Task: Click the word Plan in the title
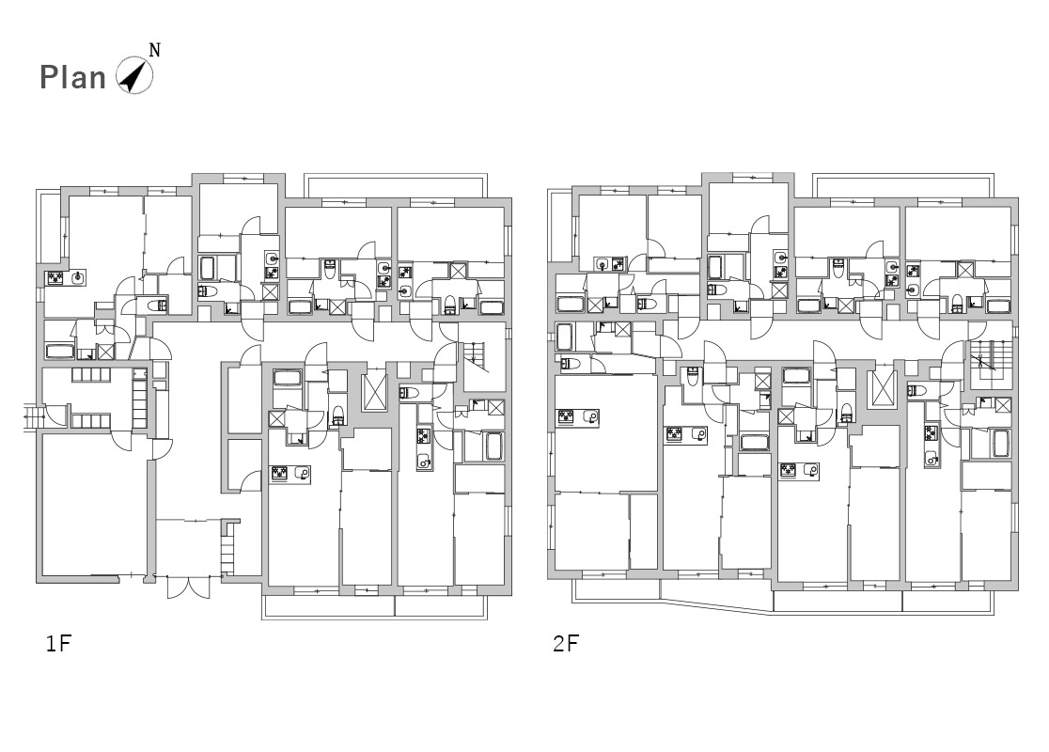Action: click(73, 78)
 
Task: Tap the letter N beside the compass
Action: click(154, 50)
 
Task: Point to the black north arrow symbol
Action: click(133, 75)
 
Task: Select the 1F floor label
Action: click(58, 644)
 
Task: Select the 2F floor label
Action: click(565, 644)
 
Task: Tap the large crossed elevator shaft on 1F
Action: click(374, 392)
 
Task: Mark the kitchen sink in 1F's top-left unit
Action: click(78, 276)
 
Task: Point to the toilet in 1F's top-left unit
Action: click(157, 306)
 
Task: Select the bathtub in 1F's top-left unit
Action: click(60, 352)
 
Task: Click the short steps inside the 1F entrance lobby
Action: click(228, 548)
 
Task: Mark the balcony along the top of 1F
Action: click(395, 184)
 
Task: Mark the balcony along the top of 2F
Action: click(903, 184)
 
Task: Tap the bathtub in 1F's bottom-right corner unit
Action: click(493, 446)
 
